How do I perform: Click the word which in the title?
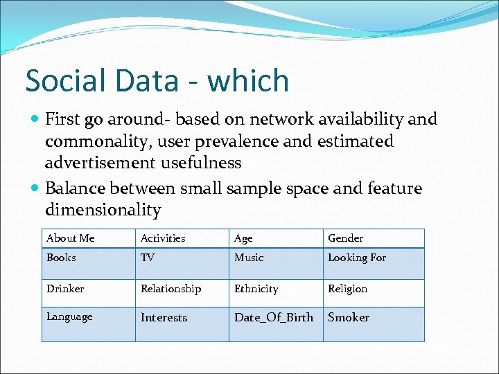(x=247, y=81)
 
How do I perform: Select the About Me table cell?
(x=71, y=238)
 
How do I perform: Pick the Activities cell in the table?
(x=163, y=238)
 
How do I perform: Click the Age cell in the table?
(x=243, y=238)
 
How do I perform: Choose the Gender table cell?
(x=345, y=238)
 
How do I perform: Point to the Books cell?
(x=61, y=258)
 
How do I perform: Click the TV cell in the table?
(x=148, y=258)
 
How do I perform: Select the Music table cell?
(x=249, y=258)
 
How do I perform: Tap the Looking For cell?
(x=357, y=258)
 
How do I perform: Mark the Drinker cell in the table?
(x=65, y=289)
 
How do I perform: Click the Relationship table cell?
(x=170, y=289)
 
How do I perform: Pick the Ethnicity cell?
(x=256, y=289)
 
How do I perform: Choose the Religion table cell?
(x=347, y=289)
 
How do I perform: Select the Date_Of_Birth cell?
(x=274, y=317)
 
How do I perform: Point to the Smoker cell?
(x=349, y=317)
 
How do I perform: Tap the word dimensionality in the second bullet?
(x=103, y=210)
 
